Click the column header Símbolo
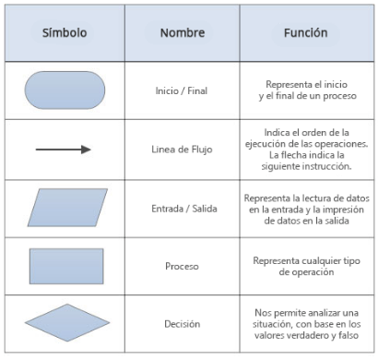(64, 32)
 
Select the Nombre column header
(182, 32)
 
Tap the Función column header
(304, 32)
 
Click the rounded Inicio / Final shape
(64, 90)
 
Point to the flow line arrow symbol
(64, 149)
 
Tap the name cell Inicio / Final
(182, 90)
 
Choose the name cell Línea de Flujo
(182, 150)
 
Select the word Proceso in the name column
(182, 267)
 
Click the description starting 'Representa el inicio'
(305, 90)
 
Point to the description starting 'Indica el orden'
(305, 149)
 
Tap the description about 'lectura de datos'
(305, 209)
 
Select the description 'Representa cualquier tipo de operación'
(305, 267)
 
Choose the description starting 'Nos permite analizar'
(305, 324)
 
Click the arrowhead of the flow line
(87, 149)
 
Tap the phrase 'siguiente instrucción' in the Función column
(305, 167)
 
